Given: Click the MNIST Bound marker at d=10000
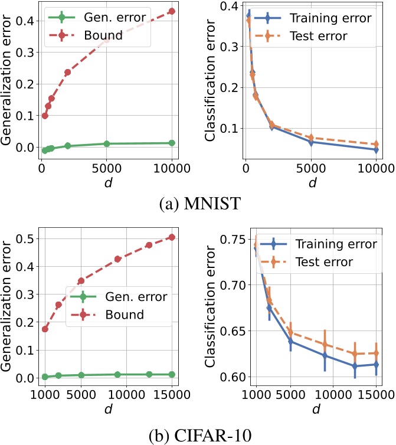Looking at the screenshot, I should (x=172, y=11).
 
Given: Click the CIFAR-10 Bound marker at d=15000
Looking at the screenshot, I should (x=172, y=237).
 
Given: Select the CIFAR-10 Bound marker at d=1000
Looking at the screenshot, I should (x=45, y=329).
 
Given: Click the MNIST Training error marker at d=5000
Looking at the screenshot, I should (x=311, y=142).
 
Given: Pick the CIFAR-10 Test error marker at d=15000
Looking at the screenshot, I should (x=375, y=354).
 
